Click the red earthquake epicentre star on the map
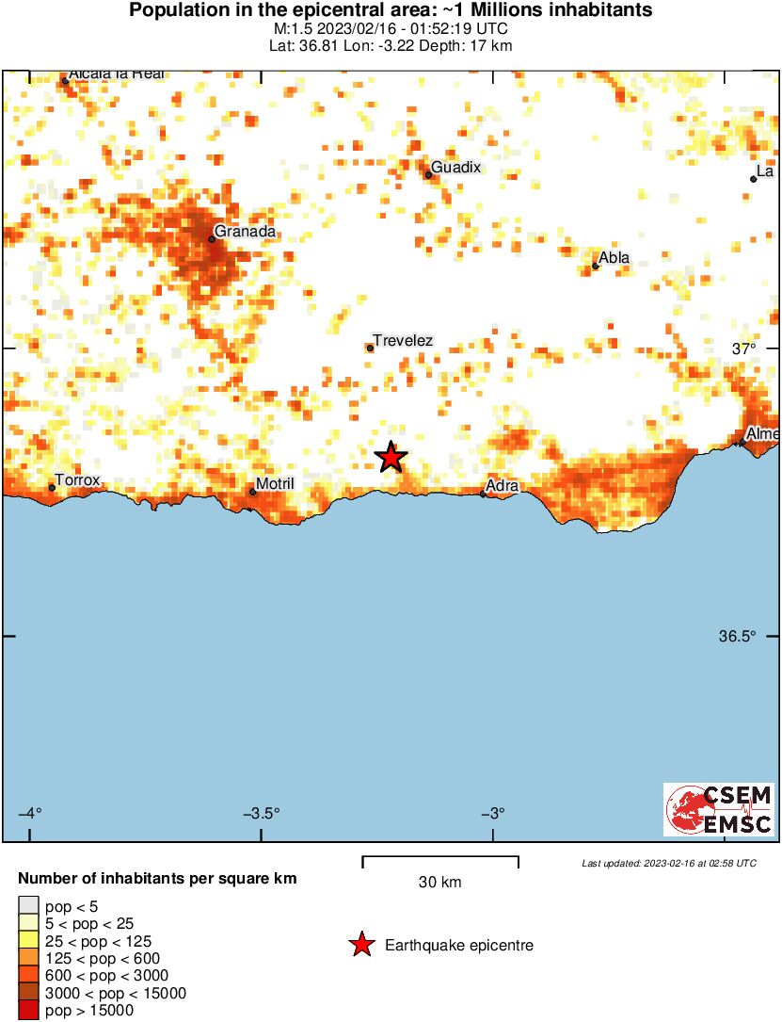pyautogui.click(x=391, y=458)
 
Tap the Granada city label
pyautogui.click(x=245, y=231)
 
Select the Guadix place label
pyautogui.click(x=455, y=167)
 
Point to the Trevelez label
pyautogui.click(x=403, y=340)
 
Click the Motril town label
pyautogui.click(x=275, y=484)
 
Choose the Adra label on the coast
pyautogui.click(x=503, y=486)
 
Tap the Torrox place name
pyautogui.click(x=77, y=479)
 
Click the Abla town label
pyautogui.click(x=614, y=258)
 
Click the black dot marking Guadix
pyautogui.click(x=428, y=174)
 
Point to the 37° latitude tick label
pyautogui.click(x=743, y=349)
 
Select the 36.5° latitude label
pyautogui.click(x=737, y=636)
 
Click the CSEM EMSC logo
pyautogui.click(x=719, y=809)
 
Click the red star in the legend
pyautogui.click(x=361, y=945)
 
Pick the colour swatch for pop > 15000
pyautogui.click(x=28, y=1011)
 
